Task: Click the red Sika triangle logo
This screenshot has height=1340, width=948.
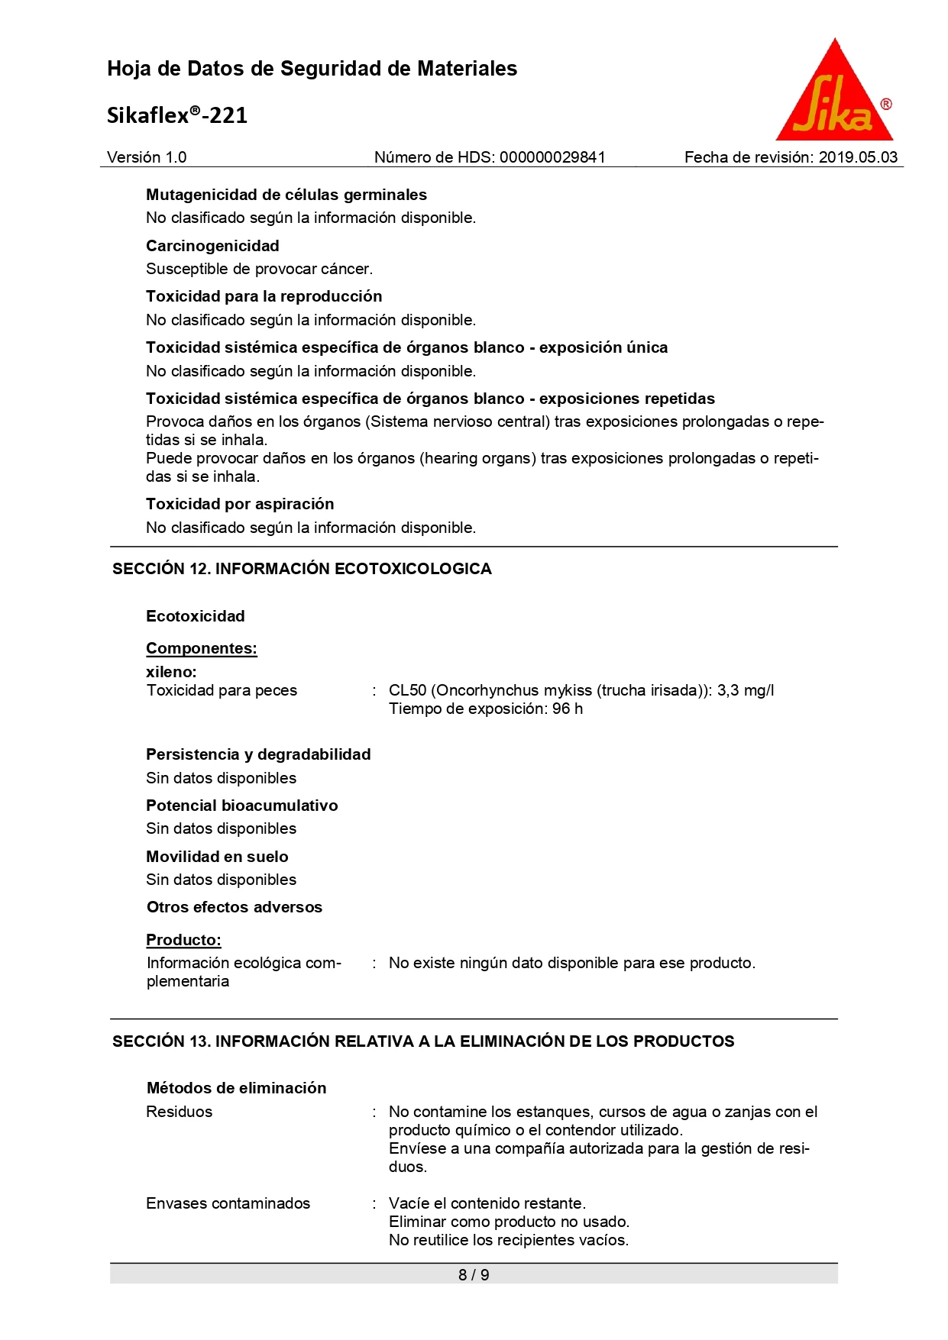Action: (x=834, y=95)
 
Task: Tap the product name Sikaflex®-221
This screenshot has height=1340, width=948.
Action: (x=177, y=115)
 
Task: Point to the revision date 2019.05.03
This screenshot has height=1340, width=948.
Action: (x=858, y=157)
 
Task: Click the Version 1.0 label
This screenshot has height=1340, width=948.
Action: (x=147, y=157)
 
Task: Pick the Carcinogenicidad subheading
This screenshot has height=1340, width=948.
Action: (x=212, y=246)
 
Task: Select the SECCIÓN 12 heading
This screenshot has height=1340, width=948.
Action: (x=302, y=569)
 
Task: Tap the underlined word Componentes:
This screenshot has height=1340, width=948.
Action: (x=202, y=648)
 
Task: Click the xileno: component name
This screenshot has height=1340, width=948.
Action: (x=171, y=672)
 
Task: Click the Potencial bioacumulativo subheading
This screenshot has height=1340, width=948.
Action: (x=241, y=806)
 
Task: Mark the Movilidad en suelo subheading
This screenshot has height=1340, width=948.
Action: (x=217, y=857)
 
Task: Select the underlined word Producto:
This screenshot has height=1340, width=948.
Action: (x=183, y=940)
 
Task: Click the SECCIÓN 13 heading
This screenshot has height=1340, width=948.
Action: (x=423, y=1041)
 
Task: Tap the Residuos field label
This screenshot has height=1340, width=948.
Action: (x=179, y=1112)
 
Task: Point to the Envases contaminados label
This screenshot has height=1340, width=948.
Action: (x=228, y=1203)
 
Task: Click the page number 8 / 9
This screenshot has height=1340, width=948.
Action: (x=474, y=1274)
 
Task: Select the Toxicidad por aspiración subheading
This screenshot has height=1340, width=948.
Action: (x=240, y=504)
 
